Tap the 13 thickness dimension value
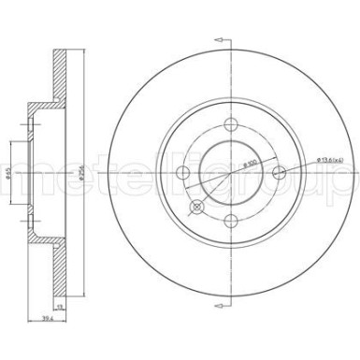60,305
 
